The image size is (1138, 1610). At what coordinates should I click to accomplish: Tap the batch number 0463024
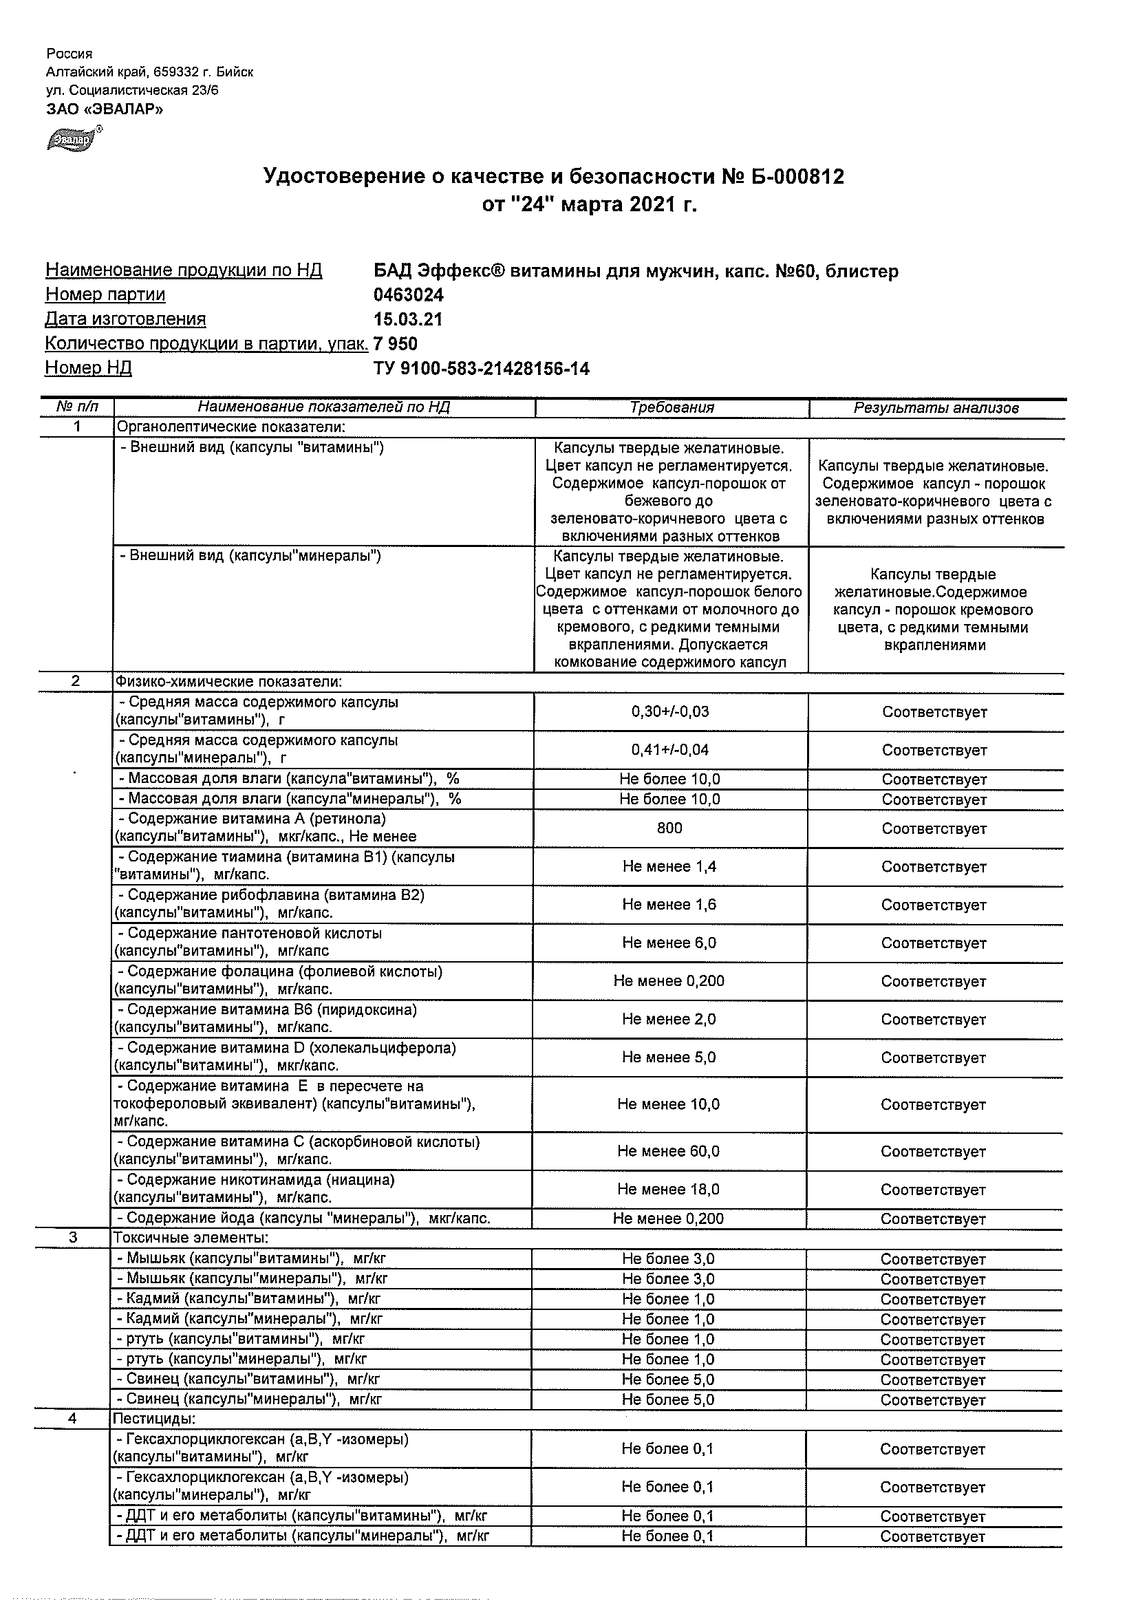[409, 294]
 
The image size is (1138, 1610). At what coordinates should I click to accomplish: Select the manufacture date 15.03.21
[408, 319]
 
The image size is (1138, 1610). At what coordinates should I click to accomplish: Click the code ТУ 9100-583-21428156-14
[482, 368]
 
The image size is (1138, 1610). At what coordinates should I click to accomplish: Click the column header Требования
[671, 407]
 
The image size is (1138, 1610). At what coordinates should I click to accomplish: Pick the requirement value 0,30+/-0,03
[669, 711]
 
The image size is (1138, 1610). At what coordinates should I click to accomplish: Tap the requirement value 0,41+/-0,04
[669, 749]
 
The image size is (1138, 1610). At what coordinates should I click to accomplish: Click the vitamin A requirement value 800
[669, 828]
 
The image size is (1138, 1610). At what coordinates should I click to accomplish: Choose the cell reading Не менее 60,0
[668, 1151]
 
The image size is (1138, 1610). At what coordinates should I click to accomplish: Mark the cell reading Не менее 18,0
[668, 1190]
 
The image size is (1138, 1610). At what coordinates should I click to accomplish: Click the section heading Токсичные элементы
[191, 1238]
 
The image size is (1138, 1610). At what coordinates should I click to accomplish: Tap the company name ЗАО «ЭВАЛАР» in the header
[105, 109]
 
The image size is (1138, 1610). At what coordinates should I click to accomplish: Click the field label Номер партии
[105, 294]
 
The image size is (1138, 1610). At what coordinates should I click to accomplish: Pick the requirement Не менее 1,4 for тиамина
[669, 867]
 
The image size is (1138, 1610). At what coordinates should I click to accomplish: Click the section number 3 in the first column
[74, 1238]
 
